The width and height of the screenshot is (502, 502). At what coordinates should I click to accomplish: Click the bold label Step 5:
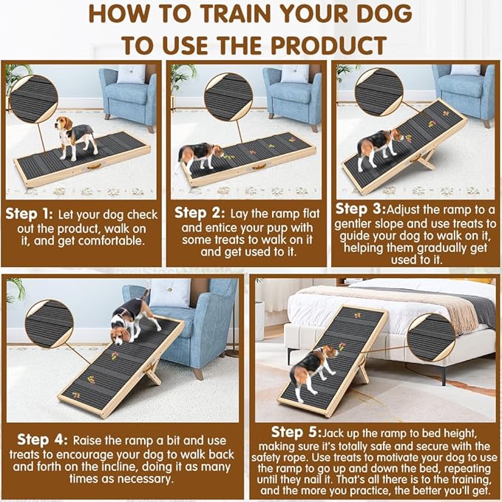[296, 431]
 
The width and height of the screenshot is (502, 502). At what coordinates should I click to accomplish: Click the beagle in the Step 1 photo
[75, 137]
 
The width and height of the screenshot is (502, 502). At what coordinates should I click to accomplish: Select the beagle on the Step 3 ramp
[379, 145]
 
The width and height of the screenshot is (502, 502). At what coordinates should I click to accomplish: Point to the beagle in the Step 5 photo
[311, 368]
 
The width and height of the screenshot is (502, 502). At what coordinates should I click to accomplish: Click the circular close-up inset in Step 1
[33, 98]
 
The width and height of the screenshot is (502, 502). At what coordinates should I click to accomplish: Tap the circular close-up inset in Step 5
[431, 337]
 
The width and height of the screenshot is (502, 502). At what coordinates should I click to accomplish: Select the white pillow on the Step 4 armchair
[171, 293]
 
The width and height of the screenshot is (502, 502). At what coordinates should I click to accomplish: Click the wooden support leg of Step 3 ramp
[424, 157]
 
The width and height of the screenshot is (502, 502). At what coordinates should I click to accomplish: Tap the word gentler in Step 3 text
[360, 223]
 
